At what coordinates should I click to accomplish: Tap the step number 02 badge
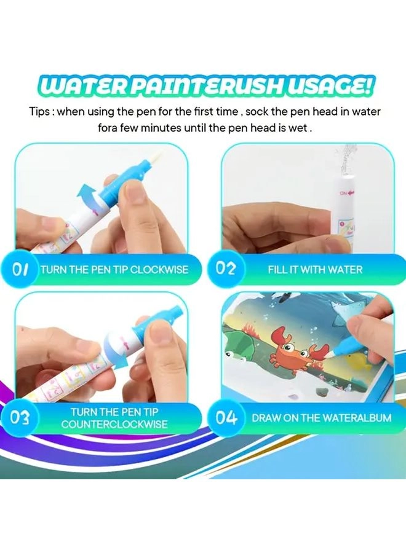[226, 269]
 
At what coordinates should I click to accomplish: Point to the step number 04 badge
[226, 418]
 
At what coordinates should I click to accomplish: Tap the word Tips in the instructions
[41, 112]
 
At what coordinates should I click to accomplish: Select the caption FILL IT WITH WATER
[315, 269]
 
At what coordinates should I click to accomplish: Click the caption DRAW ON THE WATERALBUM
[321, 418]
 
